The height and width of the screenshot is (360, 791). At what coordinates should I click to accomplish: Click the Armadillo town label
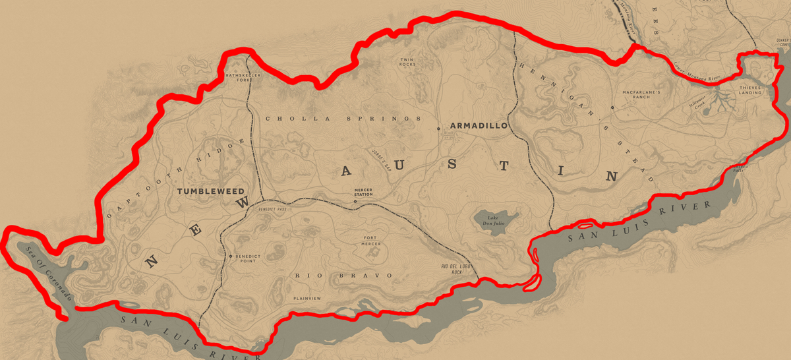(479, 125)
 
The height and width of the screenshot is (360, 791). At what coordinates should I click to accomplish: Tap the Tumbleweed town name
(206, 191)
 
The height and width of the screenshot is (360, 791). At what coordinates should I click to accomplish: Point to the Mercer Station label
(363, 192)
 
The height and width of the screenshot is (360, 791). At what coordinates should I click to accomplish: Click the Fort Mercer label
(372, 241)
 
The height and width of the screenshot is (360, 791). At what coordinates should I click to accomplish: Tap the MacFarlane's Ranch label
(641, 96)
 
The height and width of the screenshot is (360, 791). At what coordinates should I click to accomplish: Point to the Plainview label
(307, 299)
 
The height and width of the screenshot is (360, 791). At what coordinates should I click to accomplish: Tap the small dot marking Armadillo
(439, 129)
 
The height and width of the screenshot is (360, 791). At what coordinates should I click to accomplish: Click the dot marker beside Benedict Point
(231, 256)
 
